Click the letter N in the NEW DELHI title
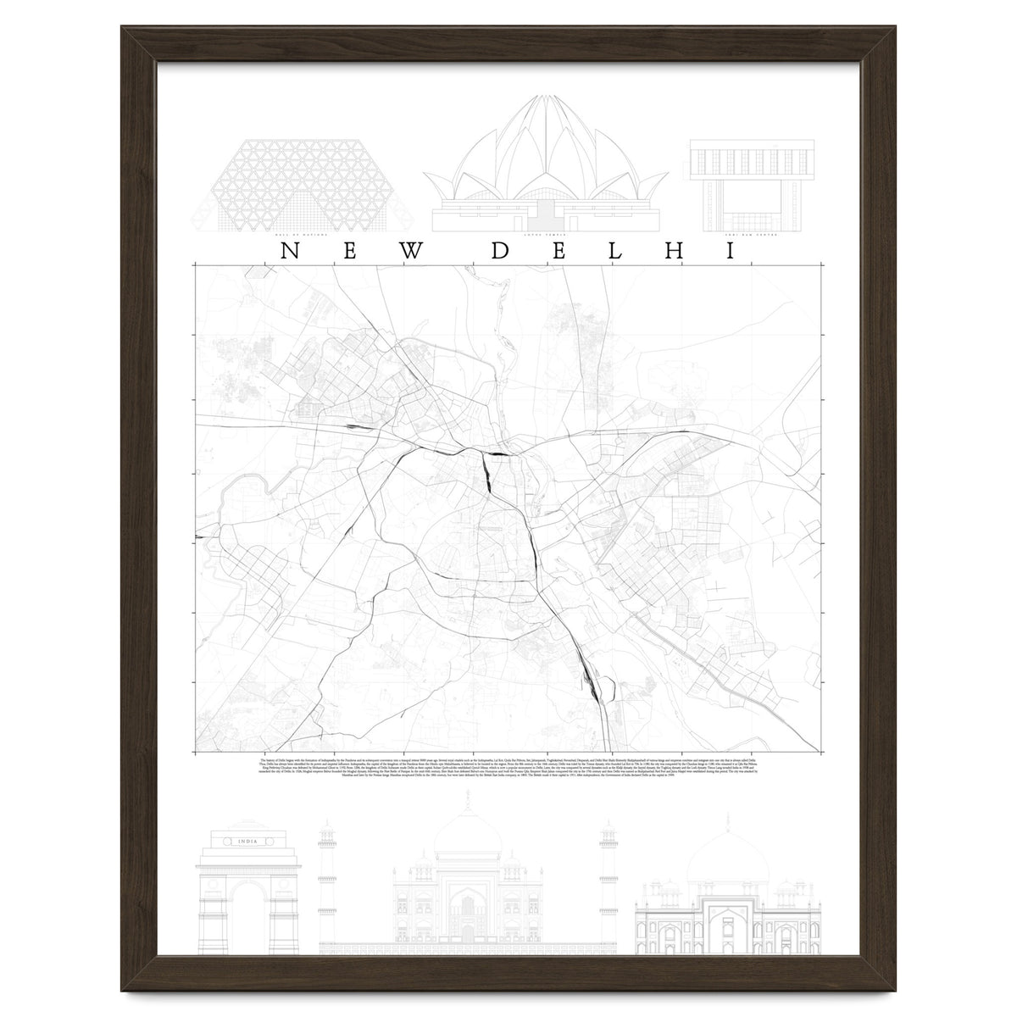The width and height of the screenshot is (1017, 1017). point(288,251)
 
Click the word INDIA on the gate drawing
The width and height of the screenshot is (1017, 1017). point(248,841)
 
